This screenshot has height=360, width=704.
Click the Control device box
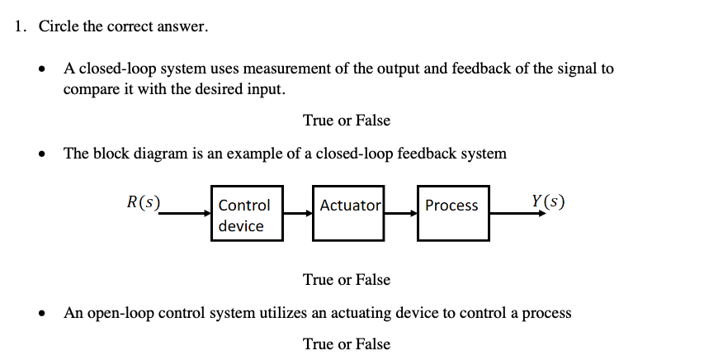pyautogui.click(x=247, y=215)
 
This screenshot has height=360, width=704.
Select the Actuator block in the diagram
pyautogui.click(x=348, y=214)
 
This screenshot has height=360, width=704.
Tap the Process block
pyautogui.click(x=453, y=214)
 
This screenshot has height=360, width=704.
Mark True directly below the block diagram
pyautogui.click(x=318, y=279)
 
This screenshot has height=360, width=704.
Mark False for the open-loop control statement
pyautogui.click(x=371, y=343)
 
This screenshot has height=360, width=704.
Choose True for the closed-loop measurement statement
pyautogui.click(x=318, y=120)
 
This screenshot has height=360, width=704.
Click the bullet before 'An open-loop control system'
pyautogui.click(x=44, y=314)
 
